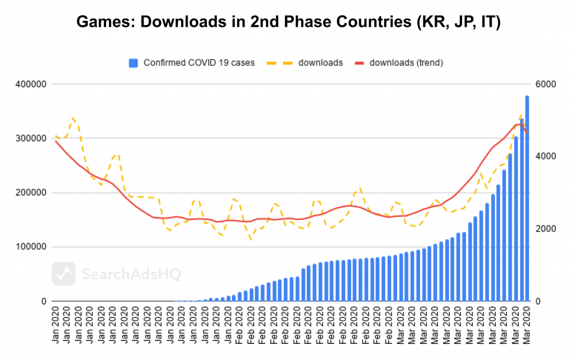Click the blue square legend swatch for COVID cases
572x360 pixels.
(133, 63)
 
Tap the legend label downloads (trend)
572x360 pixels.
(406, 63)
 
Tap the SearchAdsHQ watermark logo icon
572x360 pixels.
(64, 274)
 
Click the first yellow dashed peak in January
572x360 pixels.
(73, 118)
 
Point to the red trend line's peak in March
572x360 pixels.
(519, 124)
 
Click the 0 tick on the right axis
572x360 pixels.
(537, 301)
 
